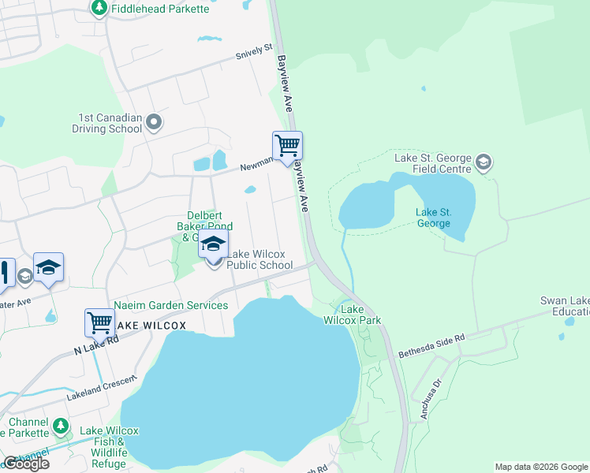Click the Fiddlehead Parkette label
tap(160, 9)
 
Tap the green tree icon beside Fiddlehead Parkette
tap(99, 8)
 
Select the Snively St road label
tap(254, 56)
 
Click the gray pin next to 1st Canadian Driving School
tap(155, 122)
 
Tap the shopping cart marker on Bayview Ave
tap(287, 145)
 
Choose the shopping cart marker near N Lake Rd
tap(99, 322)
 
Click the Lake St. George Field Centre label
tap(433, 163)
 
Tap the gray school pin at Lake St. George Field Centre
tap(483, 163)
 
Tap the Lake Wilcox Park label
tap(352, 315)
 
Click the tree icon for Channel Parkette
tap(61, 426)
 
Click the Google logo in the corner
tap(26, 464)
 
